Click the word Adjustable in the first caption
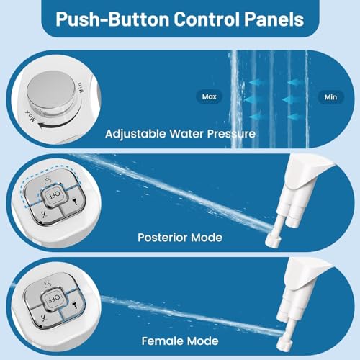[138, 132]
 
